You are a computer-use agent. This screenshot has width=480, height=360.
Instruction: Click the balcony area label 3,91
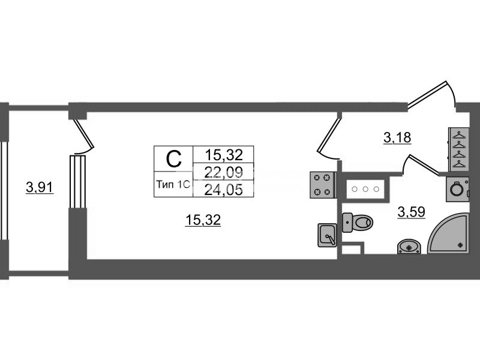click(x=40, y=187)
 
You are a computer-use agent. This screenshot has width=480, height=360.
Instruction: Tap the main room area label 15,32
click(x=203, y=220)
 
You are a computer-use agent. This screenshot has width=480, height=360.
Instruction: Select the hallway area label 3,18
click(x=397, y=138)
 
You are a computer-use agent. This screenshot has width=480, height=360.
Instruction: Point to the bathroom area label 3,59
click(x=412, y=212)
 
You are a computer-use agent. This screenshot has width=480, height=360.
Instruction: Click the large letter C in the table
click(x=173, y=159)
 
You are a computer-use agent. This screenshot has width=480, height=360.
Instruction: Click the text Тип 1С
click(x=173, y=185)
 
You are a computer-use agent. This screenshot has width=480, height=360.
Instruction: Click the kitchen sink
click(x=327, y=235)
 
